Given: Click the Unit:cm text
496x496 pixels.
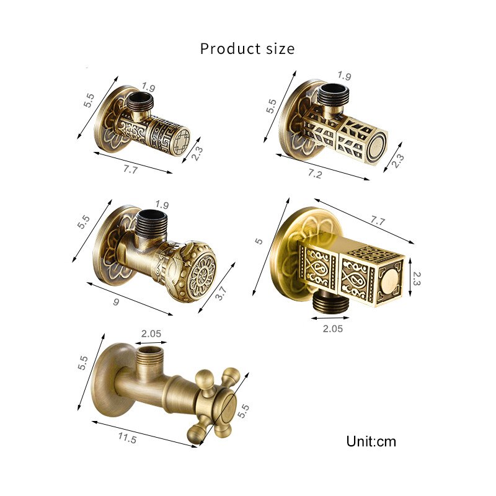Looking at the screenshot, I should click(x=371, y=441).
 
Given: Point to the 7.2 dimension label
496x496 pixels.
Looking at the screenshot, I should click(x=315, y=174).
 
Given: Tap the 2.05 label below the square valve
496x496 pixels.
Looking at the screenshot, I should click(x=332, y=329).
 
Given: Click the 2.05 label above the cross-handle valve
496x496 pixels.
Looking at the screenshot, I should click(x=151, y=333).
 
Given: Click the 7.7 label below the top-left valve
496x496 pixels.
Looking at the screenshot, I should click(x=130, y=170).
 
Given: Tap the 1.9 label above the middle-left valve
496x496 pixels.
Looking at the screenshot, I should click(x=162, y=205).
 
